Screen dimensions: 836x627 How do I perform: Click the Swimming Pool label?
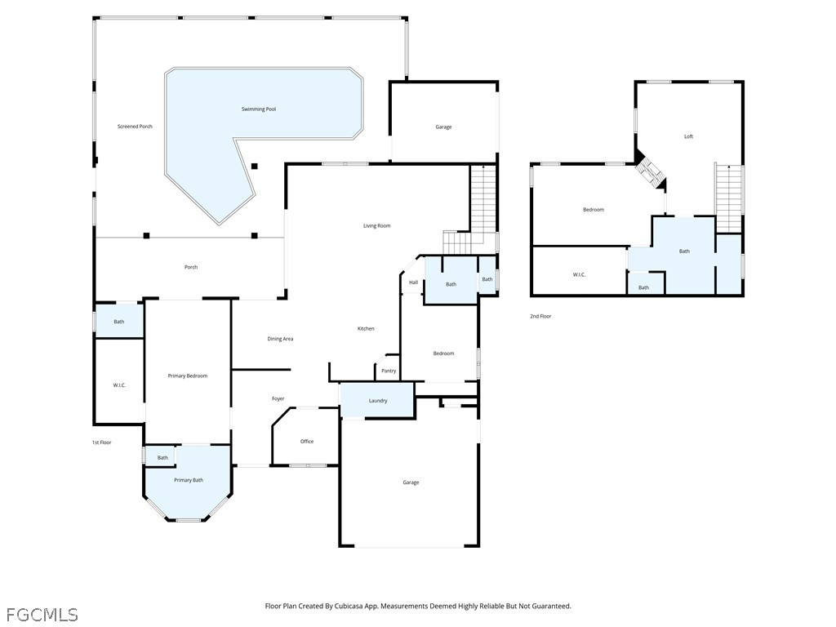[x=259, y=109]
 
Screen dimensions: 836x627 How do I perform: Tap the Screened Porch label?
[x=135, y=127]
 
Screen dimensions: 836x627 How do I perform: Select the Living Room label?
[x=377, y=225]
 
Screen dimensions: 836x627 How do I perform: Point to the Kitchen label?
[x=366, y=328]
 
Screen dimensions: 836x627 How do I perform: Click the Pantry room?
[x=388, y=368]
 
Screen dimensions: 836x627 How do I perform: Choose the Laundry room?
[x=377, y=400]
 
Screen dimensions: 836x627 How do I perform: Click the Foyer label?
[x=278, y=398]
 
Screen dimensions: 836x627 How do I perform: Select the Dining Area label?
[x=280, y=339]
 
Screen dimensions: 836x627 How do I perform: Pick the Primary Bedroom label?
[x=188, y=376]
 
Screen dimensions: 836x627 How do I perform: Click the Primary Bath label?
[x=189, y=480]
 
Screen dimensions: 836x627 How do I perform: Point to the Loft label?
[x=688, y=136]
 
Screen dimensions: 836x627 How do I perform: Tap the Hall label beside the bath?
[x=413, y=282]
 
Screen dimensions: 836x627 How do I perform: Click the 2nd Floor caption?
[x=540, y=316]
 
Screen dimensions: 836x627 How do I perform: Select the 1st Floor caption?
[x=102, y=442]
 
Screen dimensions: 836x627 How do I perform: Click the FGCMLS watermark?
[x=42, y=615]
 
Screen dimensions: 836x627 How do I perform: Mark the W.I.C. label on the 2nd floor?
[x=579, y=274]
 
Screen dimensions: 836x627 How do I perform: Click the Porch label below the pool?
[x=191, y=267]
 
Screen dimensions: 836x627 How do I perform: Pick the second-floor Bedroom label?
[x=594, y=210]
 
